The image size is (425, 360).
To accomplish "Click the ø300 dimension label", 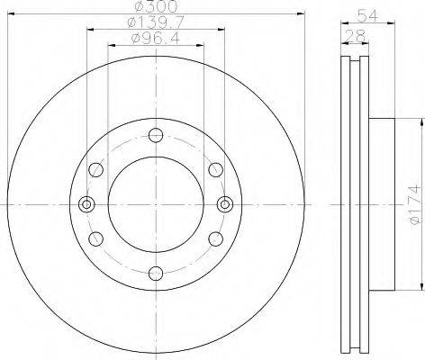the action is [x=156, y=6].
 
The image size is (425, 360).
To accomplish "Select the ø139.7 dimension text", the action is [x=156, y=22].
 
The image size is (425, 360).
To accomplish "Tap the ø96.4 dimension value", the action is [x=156, y=39].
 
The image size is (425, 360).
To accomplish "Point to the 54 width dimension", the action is [x=367, y=15].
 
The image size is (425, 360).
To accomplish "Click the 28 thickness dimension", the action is [x=356, y=36].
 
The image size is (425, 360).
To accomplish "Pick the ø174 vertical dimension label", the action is [x=415, y=204].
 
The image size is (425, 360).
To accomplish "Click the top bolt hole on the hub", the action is [x=156, y=135].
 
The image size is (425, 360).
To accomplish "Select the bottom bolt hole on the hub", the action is [x=156, y=274].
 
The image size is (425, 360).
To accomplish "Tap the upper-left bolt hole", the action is [x=96, y=170].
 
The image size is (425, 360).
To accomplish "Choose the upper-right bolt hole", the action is [x=216, y=170].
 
